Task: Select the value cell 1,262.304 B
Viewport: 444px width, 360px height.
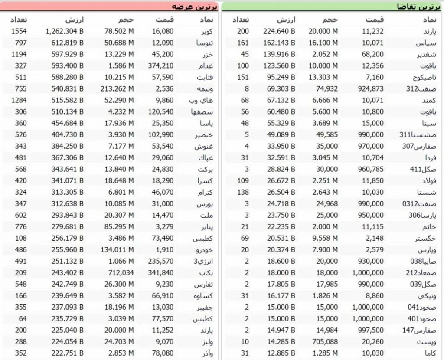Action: coord(65,31)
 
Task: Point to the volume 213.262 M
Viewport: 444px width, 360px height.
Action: coord(119,88)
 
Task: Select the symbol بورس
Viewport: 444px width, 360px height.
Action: coord(203,203)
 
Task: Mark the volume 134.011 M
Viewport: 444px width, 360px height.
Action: coord(119,250)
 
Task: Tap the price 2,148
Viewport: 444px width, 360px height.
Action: coord(374,239)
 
